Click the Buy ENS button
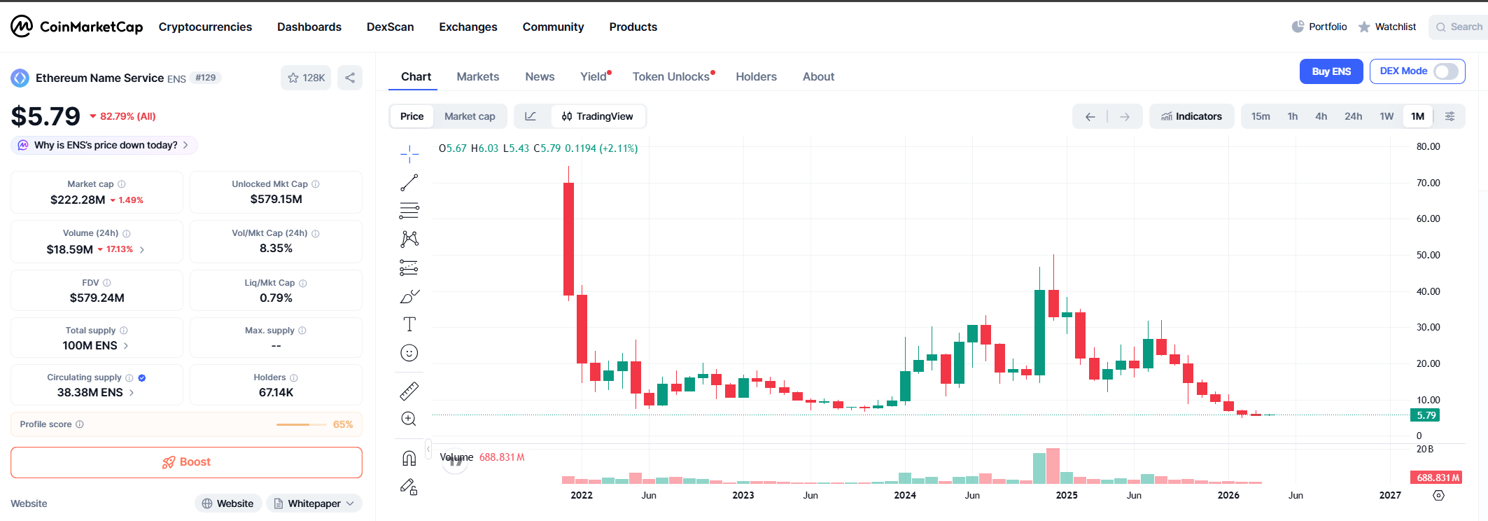(1331, 71)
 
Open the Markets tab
(477, 77)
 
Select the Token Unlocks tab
(671, 77)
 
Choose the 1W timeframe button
(1387, 116)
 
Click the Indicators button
(1191, 116)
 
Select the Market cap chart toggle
(470, 116)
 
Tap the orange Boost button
(186, 462)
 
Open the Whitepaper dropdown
(314, 503)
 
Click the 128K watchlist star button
(306, 78)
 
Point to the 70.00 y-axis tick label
(1428, 183)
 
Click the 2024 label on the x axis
(904, 495)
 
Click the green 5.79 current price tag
(1426, 415)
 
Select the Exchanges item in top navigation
(468, 27)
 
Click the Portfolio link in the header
(1319, 27)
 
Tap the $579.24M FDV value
(97, 298)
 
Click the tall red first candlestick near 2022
(568, 238)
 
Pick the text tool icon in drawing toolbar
(409, 324)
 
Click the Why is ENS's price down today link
(106, 145)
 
